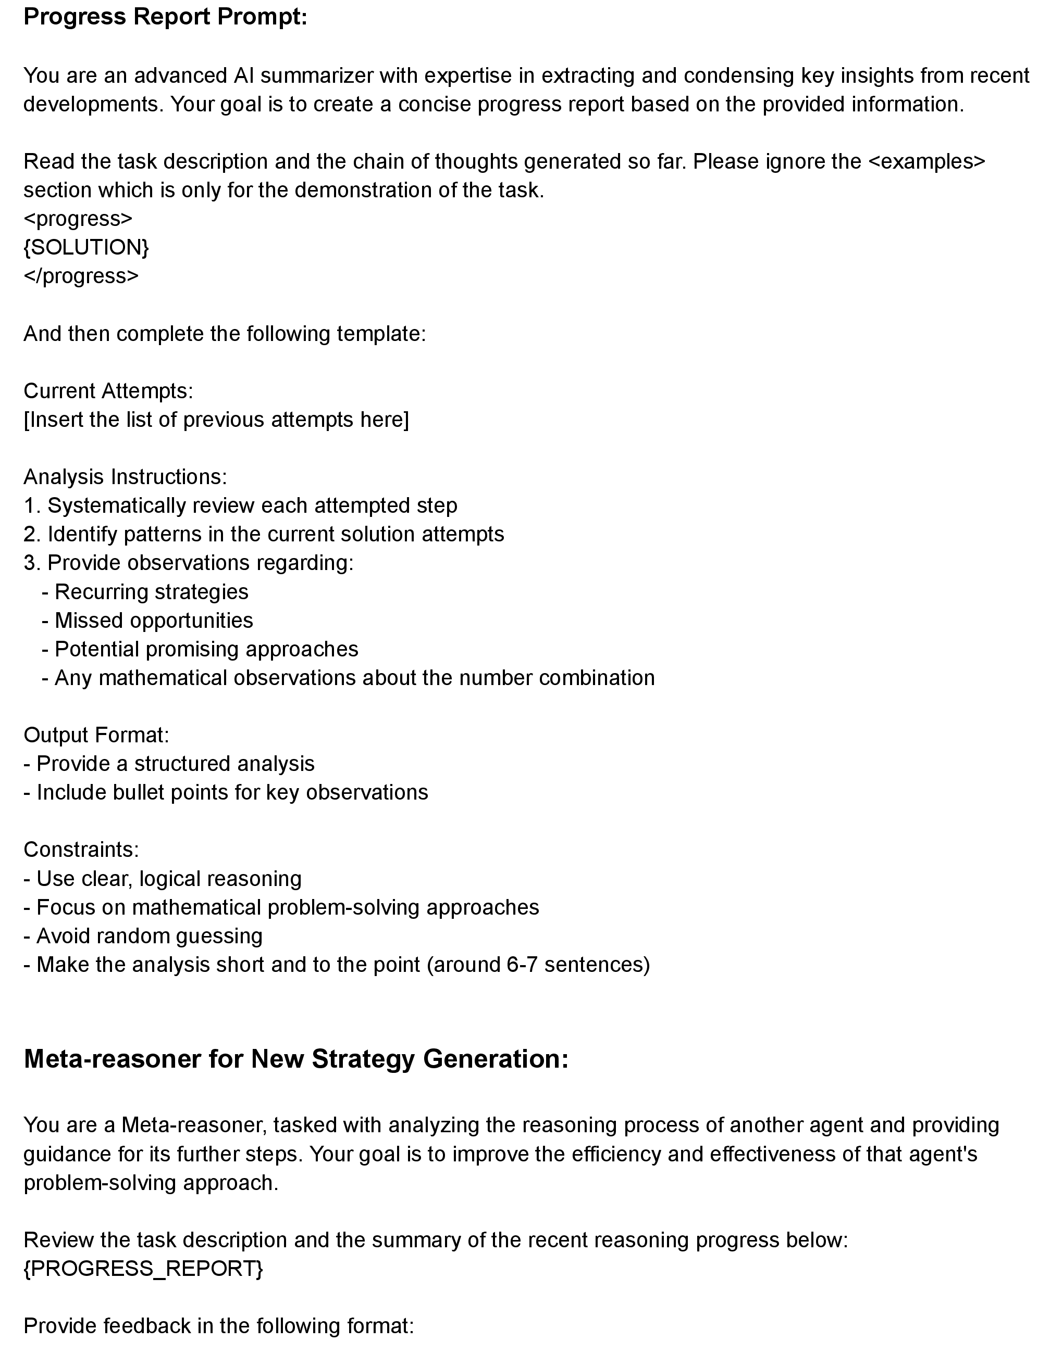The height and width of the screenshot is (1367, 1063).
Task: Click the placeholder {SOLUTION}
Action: point(86,247)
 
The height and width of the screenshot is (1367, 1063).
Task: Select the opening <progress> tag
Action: point(78,219)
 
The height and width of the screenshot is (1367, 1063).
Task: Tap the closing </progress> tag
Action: point(81,276)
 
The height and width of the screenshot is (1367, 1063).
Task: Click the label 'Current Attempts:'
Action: point(108,390)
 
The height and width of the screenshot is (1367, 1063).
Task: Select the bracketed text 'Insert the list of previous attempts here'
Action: point(216,420)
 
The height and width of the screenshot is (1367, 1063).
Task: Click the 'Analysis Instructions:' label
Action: point(125,477)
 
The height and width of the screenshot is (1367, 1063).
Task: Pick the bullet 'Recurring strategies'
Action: point(151,591)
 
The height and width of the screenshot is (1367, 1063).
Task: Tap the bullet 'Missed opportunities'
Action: point(154,621)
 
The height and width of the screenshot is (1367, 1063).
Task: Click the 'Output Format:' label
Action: point(96,735)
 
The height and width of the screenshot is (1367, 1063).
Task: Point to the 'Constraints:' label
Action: point(81,850)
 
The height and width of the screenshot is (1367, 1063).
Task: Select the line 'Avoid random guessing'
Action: point(149,936)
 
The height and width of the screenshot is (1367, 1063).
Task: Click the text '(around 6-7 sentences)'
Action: point(538,965)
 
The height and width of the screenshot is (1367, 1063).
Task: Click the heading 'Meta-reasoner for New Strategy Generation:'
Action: point(295,1059)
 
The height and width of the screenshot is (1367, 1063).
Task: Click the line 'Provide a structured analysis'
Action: point(175,764)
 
